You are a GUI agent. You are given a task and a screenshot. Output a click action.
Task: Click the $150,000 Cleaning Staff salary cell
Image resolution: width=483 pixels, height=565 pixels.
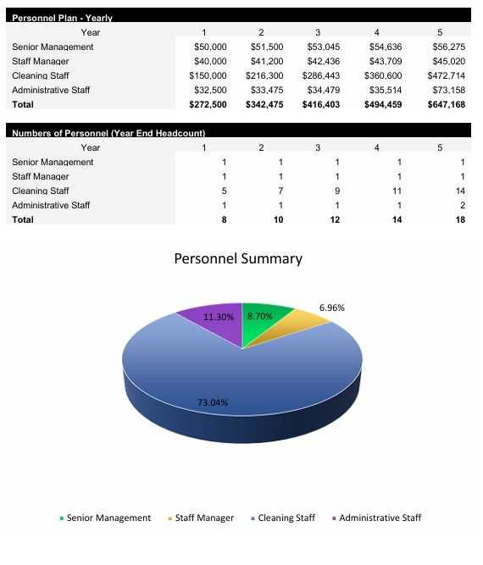tap(208, 75)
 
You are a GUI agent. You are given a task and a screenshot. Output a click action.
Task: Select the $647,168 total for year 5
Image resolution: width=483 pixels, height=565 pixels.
tap(447, 104)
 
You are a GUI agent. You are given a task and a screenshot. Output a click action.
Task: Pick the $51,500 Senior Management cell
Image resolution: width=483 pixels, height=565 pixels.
tap(266, 47)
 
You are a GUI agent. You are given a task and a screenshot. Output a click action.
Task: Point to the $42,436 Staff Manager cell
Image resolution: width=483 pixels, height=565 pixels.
tap(323, 61)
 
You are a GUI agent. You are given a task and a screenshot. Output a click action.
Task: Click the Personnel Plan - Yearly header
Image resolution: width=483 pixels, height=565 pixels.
tap(63, 18)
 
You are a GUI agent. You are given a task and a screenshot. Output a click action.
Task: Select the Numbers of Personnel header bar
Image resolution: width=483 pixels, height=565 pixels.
tap(108, 133)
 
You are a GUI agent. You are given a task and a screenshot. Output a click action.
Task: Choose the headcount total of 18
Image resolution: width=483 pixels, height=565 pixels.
tap(459, 219)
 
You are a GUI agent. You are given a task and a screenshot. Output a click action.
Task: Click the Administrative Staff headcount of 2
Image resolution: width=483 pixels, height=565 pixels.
tap(463, 205)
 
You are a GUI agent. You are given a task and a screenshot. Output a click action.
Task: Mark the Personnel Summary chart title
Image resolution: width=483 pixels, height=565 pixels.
tap(238, 258)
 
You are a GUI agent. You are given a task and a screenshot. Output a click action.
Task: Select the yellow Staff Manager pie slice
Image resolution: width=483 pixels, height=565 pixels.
tap(305, 326)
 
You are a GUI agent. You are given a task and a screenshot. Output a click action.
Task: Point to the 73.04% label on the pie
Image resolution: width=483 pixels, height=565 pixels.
tap(213, 402)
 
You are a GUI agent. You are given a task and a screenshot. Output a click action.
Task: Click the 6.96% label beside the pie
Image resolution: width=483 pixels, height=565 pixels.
tap(331, 307)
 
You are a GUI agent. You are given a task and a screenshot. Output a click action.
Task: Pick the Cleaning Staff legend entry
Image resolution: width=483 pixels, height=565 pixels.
tap(283, 518)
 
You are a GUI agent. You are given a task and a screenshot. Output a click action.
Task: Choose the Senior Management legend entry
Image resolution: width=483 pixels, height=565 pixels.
tap(105, 518)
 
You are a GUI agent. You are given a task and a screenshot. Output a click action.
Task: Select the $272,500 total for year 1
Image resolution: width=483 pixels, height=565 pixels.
tap(208, 104)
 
